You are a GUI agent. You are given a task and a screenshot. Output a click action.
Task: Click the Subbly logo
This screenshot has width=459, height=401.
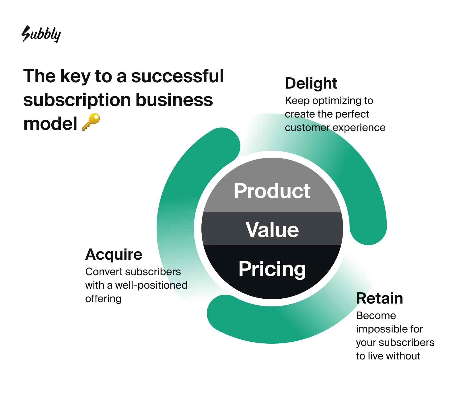click(x=41, y=34)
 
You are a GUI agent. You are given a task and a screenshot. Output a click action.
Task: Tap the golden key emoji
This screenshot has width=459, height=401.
click(x=91, y=122)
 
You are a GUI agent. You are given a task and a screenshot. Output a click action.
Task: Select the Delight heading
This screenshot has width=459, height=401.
click(x=311, y=84)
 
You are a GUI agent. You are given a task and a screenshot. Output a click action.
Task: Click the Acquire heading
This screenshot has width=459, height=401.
click(x=114, y=255)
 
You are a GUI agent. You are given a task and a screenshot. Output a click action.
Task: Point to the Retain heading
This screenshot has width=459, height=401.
click(x=380, y=298)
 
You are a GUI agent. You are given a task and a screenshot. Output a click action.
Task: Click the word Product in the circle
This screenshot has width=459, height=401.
click(x=272, y=191)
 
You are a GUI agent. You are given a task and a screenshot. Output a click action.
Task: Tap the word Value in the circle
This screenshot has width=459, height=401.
click(x=272, y=230)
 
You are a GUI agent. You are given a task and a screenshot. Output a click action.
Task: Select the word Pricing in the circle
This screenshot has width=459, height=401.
click(x=272, y=269)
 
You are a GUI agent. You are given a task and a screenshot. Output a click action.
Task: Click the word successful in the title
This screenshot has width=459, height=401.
click(x=178, y=76)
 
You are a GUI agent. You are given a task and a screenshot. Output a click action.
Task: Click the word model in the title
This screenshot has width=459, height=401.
click(x=50, y=124)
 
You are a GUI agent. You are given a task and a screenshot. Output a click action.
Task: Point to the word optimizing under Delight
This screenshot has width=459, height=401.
click(x=337, y=101)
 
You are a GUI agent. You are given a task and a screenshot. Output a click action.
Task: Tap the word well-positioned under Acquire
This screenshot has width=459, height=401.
click(x=151, y=285)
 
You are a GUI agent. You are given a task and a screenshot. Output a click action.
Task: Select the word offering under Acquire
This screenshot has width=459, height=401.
click(x=103, y=299)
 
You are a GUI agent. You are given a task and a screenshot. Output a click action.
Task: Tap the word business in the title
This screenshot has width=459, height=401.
click(x=174, y=100)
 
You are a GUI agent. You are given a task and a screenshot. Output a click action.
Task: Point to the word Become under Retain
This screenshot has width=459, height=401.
click(x=376, y=316)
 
